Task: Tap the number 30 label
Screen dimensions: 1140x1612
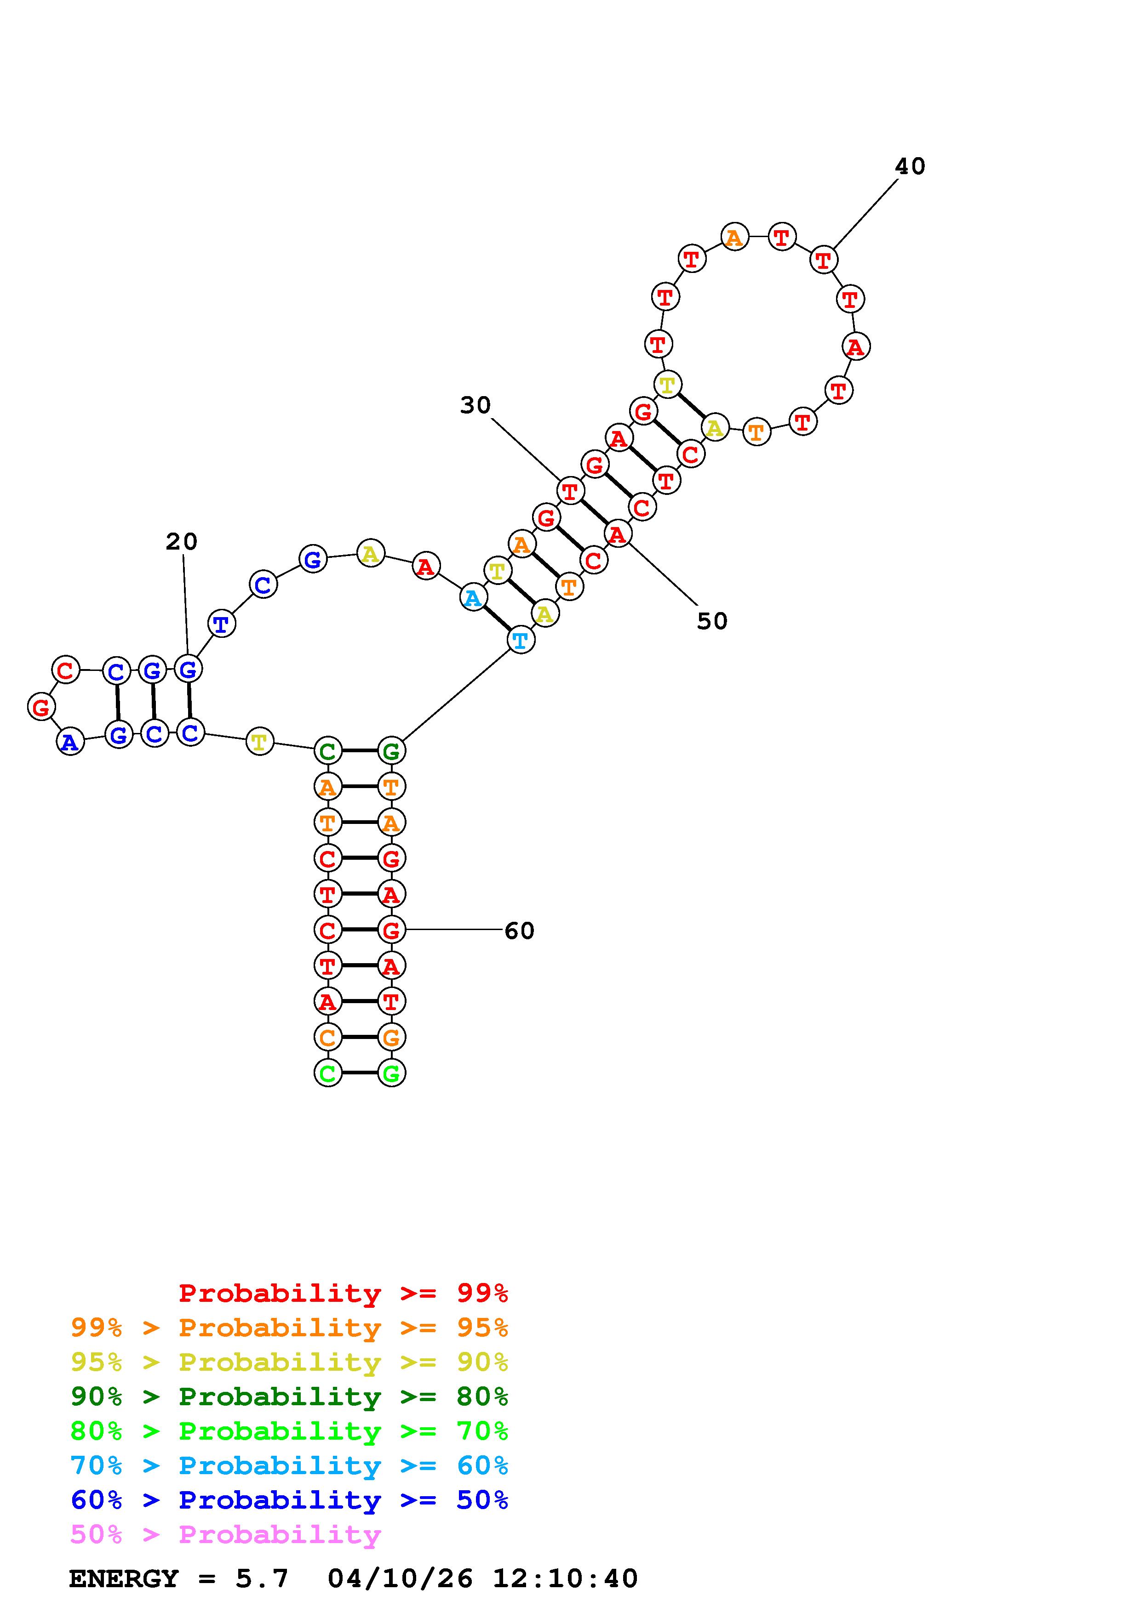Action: [475, 405]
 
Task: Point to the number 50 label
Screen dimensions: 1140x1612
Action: [711, 621]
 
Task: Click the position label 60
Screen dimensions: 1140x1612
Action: [519, 931]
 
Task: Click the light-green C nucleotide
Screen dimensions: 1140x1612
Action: [327, 1073]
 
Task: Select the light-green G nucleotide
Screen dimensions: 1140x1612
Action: [391, 1073]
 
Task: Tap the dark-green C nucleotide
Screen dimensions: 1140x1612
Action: [327, 751]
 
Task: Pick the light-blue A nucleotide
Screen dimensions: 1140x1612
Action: [473, 598]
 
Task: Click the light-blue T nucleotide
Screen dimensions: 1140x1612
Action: [521, 640]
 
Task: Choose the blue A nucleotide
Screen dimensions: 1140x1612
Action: [69, 741]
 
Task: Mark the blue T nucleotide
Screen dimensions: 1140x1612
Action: [221, 624]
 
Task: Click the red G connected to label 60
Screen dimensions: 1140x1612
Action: [391, 930]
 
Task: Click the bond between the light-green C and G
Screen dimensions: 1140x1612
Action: [360, 1073]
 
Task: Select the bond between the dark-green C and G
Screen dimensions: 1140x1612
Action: [360, 750]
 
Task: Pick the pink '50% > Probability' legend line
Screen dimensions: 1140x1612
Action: [225, 1535]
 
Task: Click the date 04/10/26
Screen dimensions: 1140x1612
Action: [400, 1579]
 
